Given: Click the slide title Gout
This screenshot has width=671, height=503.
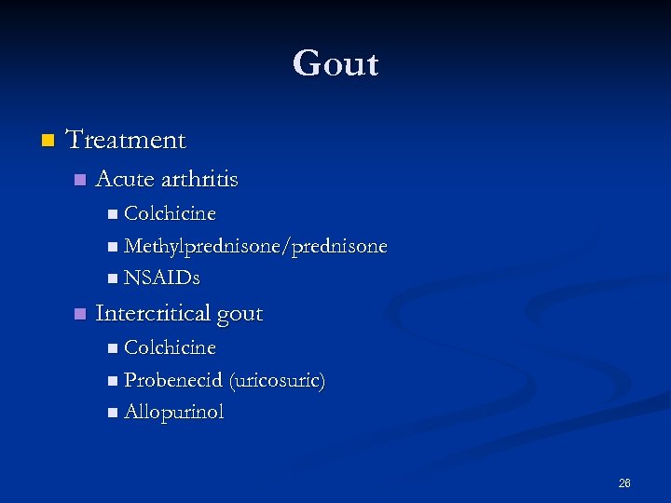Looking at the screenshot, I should point(335,64).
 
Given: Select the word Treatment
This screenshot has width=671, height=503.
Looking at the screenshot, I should point(126,141).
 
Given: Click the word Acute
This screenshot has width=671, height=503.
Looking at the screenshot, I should point(124,179).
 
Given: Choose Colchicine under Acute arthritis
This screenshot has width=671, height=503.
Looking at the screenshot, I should point(170,214).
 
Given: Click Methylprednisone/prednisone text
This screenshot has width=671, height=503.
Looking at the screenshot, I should point(255,247).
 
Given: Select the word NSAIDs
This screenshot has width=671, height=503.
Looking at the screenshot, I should point(161,278).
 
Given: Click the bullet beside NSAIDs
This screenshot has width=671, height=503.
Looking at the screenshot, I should point(113,279).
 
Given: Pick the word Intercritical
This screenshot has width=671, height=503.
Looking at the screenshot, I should point(153,313).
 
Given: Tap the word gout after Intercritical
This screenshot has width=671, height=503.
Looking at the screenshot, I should point(240,315).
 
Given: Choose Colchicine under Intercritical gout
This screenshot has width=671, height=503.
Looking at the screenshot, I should point(170,347).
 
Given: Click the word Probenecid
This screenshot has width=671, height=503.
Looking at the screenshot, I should point(172,380).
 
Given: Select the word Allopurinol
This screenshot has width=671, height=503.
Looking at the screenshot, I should point(174,413).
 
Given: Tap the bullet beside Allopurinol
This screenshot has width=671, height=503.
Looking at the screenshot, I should point(113,413).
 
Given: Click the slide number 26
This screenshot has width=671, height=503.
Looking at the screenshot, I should point(624,483).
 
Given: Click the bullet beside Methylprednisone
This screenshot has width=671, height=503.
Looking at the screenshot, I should point(113,248).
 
